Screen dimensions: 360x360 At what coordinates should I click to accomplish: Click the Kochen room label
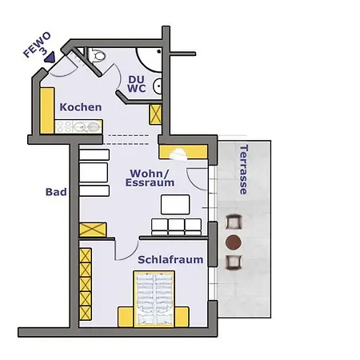[81, 107]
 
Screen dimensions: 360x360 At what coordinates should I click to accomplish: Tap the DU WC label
[136, 84]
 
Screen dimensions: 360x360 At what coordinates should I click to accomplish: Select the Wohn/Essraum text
[150, 178]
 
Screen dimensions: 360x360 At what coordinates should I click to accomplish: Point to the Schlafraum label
[170, 259]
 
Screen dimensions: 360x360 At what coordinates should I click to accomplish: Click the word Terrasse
[244, 170]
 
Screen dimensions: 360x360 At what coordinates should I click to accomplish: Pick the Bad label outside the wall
[56, 192]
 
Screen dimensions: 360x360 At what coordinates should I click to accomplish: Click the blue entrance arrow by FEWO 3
[50, 57]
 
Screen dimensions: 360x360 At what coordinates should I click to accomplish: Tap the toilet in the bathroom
[97, 55]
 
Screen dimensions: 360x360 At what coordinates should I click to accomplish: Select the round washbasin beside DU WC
[158, 86]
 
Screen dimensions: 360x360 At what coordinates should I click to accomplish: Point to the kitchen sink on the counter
[85, 126]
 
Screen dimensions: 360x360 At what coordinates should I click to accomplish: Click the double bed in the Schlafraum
[154, 299]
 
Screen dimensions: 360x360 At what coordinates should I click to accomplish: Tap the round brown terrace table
[234, 242]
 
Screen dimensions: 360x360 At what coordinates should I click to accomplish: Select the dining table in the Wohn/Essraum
[175, 205]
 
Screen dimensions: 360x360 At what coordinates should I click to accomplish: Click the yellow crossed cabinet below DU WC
[155, 114]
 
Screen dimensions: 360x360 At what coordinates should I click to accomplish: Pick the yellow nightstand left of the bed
[126, 317]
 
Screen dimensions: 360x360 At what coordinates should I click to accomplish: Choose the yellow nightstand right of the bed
[182, 317]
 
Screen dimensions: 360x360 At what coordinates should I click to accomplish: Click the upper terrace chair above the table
[234, 222]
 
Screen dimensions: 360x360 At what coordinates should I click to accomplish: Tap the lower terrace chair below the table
[234, 262]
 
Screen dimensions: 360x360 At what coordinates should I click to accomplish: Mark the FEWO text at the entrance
[37, 45]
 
